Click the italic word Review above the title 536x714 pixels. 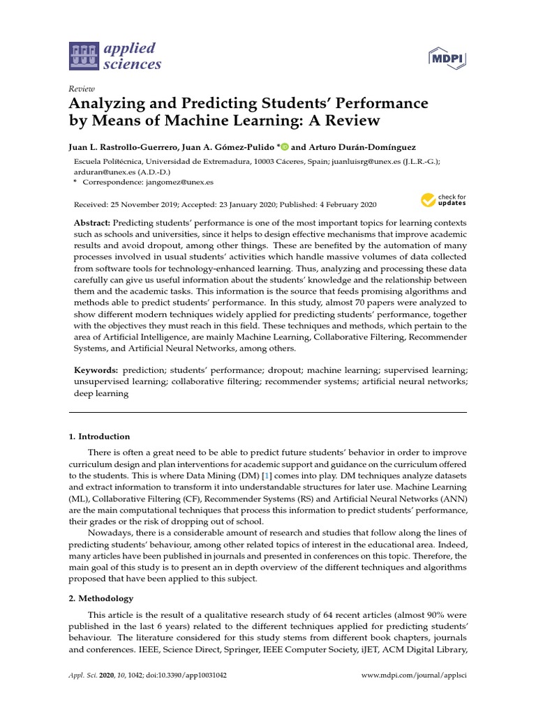point(81,89)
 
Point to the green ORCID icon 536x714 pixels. point(285,147)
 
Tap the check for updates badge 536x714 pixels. point(443,201)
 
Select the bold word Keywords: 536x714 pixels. point(96,370)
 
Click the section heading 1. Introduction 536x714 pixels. point(99,436)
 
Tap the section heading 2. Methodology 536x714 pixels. point(100,598)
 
